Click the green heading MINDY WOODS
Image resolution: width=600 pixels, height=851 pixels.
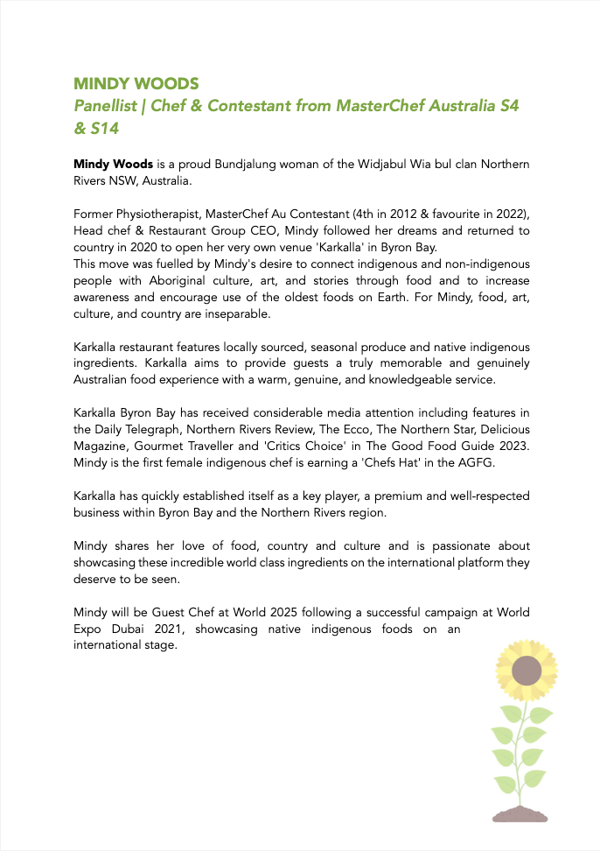136,84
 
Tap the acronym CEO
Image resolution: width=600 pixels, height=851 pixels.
248,230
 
